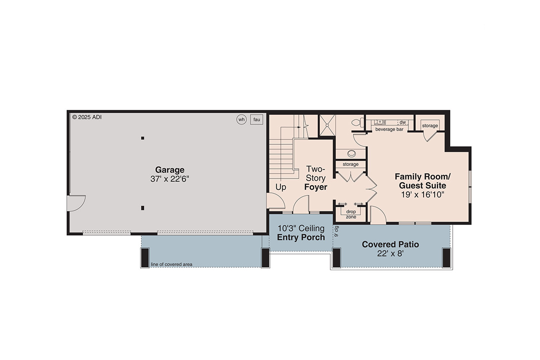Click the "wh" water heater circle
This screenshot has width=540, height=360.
[241, 119]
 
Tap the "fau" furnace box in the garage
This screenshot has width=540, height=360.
[256, 119]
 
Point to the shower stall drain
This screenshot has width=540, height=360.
[327, 125]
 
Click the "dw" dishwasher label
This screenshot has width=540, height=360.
[402, 122]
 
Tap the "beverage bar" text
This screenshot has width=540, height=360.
[389, 129]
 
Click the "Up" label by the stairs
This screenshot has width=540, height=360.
[281, 187]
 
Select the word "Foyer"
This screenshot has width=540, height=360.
[316, 187]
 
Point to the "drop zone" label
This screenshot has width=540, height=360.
[351, 214]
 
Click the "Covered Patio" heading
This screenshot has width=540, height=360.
[390, 244]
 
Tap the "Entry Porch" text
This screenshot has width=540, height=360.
[301, 237]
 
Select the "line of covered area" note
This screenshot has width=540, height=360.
[172, 265]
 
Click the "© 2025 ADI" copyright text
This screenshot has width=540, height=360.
[87, 117]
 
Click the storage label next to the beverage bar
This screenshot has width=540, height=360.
[430, 126]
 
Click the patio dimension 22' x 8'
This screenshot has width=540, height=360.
[390, 254]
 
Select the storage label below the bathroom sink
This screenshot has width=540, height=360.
[351, 164]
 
